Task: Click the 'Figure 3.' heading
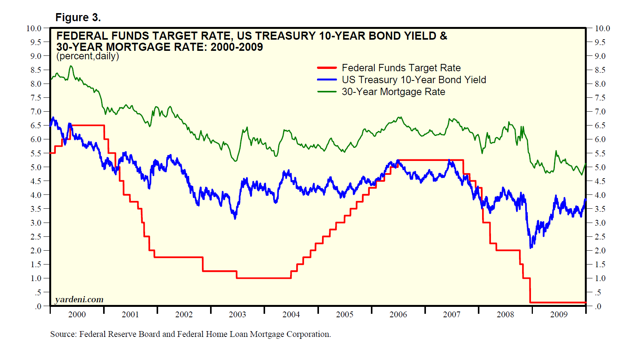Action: click(78, 18)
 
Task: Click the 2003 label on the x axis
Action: click(237, 315)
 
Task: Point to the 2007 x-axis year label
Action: click(452, 315)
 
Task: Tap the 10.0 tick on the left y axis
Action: click(33, 28)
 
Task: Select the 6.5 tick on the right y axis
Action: click(600, 126)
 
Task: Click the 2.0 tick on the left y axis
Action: click(35, 251)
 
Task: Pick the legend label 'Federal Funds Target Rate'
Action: click(401, 68)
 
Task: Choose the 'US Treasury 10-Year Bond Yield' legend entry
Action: click(414, 80)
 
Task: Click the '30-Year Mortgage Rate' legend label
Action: click(393, 92)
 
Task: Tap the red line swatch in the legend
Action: click(327, 68)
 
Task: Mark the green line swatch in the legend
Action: click(327, 92)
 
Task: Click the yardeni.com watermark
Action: click(79, 300)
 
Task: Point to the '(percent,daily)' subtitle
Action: click(88, 56)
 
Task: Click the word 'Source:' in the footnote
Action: click(63, 334)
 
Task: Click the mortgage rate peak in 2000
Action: click(71, 66)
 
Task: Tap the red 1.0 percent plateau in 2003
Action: click(264, 278)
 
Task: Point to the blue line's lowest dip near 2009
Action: click(531, 248)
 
